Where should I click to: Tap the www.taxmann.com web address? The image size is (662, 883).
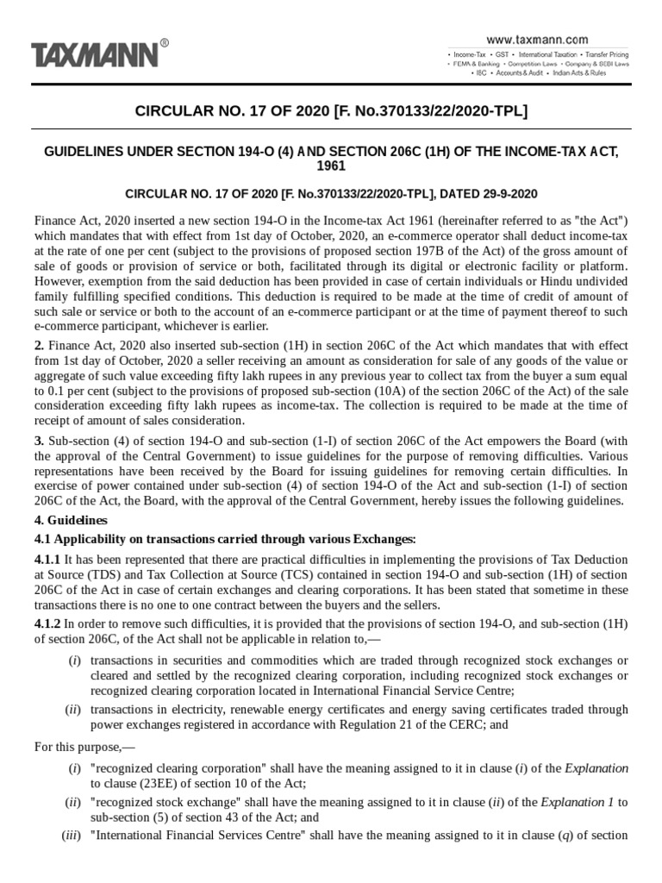(537, 40)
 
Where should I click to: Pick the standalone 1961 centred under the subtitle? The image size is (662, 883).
(331, 166)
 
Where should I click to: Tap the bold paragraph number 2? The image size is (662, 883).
(38, 343)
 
